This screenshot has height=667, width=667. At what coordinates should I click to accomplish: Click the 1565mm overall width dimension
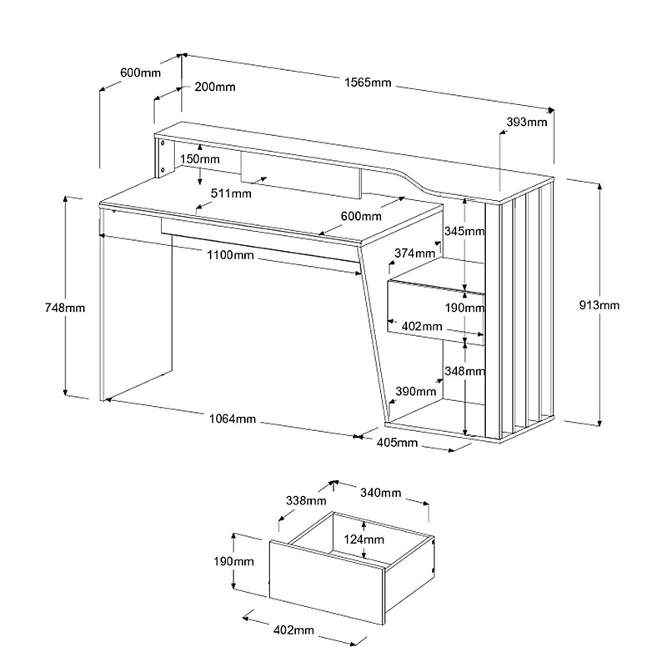point(367,82)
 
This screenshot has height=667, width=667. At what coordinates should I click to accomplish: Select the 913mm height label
point(601,305)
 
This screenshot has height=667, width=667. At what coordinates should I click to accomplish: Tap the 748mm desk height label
point(63,308)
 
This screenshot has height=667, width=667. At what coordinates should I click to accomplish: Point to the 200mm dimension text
point(214,87)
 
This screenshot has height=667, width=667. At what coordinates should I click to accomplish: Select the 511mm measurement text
point(231,193)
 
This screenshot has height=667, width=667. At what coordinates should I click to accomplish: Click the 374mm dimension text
point(414,253)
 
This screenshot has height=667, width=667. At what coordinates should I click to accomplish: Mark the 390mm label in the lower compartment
point(414,391)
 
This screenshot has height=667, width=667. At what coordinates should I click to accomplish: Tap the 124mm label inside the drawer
point(364,540)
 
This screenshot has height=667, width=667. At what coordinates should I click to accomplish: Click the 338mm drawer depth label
point(304,500)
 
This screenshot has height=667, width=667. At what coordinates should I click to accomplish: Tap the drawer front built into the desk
point(435,308)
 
